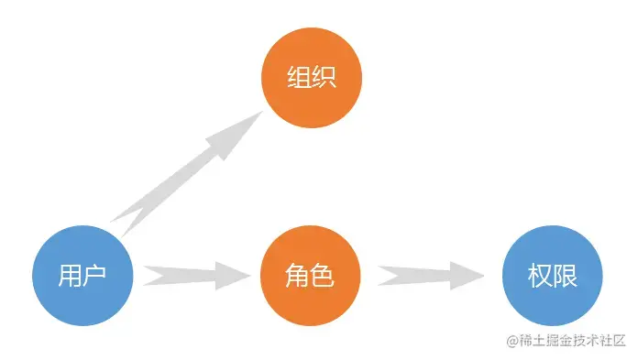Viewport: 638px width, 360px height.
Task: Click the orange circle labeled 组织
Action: (x=312, y=78)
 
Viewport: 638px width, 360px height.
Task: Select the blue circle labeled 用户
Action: (x=82, y=275)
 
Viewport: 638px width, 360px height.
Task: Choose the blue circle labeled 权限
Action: (x=553, y=275)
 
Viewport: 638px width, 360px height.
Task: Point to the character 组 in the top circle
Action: (x=299, y=78)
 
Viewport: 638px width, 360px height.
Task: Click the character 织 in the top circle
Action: (x=324, y=78)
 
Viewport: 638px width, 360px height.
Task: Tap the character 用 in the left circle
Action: (x=70, y=275)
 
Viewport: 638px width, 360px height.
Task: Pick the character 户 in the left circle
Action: (x=95, y=275)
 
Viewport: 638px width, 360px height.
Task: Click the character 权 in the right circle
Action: (x=540, y=275)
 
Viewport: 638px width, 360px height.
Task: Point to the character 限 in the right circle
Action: (x=566, y=275)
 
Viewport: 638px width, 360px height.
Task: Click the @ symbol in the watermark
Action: (x=511, y=340)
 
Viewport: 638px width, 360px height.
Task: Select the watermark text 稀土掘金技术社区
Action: (x=573, y=340)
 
